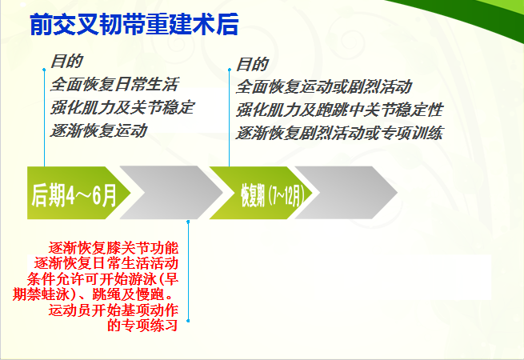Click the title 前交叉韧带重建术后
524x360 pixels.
pyautogui.click(x=134, y=24)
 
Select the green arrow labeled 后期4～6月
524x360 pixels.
pyautogui.click(x=78, y=193)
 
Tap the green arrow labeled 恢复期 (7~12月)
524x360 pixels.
pyautogui.click(x=261, y=193)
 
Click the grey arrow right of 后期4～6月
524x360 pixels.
pyautogui.click(x=171, y=193)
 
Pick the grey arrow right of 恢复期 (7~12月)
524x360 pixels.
pyautogui.click(x=346, y=193)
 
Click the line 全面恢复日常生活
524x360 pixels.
pyautogui.click(x=114, y=84)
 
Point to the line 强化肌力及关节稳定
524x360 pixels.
pyautogui.click(x=122, y=108)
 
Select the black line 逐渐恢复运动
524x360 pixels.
pyautogui.click(x=98, y=130)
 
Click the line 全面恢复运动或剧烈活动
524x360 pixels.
pyautogui.click(x=324, y=87)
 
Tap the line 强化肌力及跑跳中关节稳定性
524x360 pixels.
pyautogui.click(x=339, y=110)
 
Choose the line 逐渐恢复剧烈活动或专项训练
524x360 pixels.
pyautogui.click(x=339, y=133)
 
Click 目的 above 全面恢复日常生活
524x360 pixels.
pyautogui.click(x=66, y=62)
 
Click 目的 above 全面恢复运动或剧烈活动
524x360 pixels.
pyautogui.click(x=252, y=64)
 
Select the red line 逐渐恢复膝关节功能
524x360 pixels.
pyautogui.click(x=114, y=248)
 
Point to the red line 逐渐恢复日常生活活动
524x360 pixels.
pyautogui.click(x=106, y=263)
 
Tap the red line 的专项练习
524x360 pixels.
pyautogui.click(x=142, y=326)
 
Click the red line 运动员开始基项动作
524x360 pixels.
pyautogui.click(x=114, y=310)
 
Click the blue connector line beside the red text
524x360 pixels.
pyautogui.click(x=188, y=271)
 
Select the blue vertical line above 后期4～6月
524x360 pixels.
pyautogui.click(x=44, y=118)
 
